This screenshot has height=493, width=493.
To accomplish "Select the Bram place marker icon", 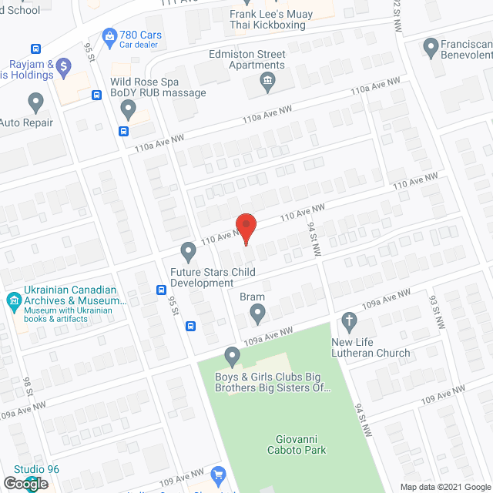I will pyautogui.click(x=257, y=314).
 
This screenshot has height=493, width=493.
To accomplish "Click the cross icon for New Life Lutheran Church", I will pyautogui.click(x=348, y=320).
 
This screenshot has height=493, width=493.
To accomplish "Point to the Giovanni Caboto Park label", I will pyautogui.click(x=301, y=444).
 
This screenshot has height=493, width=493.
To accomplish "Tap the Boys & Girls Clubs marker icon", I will pyautogui.click(x=232, y=357).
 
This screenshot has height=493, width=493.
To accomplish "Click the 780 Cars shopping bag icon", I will pyautogui.click(x=109, y=35).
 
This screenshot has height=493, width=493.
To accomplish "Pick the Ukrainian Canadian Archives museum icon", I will pyautogui.click(x=13, y=300).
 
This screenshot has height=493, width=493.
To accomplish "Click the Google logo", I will pyautogui.click(x=25, y=483).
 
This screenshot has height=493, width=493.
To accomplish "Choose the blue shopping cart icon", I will pyautogui.click(x=218, y=475).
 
